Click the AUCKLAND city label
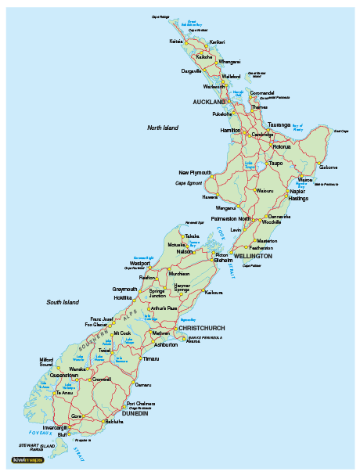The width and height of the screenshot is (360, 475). (x=208, y=103)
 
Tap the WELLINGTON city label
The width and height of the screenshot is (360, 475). (x=253, y=256)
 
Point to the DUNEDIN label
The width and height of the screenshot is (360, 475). (x=135, y=412)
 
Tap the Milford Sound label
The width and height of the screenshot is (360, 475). (x=47, y=362)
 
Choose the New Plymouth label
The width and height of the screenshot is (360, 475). (x=195, y=172)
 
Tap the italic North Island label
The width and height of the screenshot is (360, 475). (x=163, y=127)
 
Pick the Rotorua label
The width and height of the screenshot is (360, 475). (x=282, y=146)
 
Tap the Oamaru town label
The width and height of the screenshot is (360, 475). (x=143, y=385)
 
